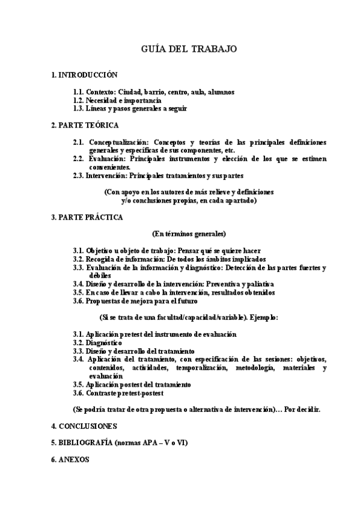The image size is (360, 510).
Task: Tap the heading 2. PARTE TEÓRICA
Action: coord(85,125)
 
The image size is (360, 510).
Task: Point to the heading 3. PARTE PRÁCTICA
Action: coord(87,217)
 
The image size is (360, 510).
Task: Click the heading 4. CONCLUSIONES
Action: coord(84,426)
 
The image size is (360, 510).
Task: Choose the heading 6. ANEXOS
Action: coord(70,458)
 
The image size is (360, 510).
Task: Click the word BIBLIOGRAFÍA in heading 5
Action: coord(85,442)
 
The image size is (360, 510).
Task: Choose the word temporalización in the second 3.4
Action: coord(201,367)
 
